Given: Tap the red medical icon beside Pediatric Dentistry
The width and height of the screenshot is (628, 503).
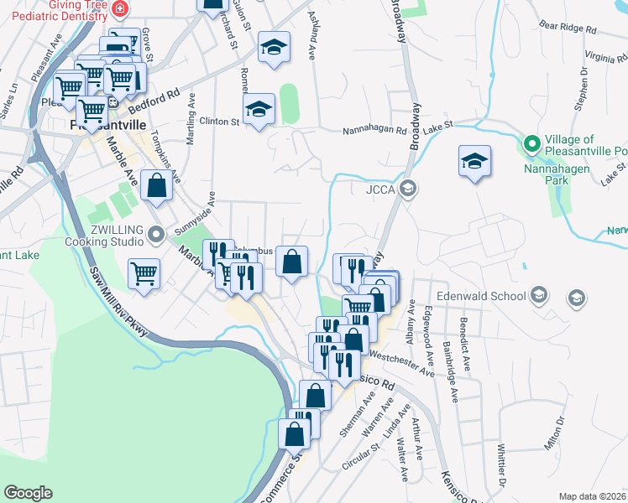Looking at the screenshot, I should (120, 8).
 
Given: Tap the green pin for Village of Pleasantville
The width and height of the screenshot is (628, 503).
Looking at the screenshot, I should (531, 144).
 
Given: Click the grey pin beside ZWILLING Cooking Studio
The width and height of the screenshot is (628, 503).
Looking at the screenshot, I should (154, 234).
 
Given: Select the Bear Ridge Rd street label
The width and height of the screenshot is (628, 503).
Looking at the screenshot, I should (568, 28).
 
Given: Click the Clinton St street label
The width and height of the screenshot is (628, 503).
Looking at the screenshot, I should (219, 122).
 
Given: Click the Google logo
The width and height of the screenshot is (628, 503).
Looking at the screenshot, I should (28, 493).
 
